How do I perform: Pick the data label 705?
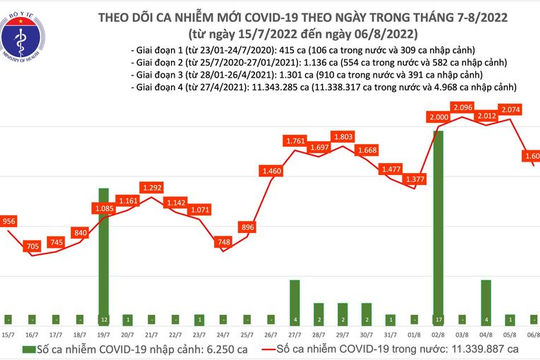[34, 245]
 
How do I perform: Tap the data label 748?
[225, 241]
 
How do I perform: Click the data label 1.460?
[270, 172]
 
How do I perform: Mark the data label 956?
[8, 221]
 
